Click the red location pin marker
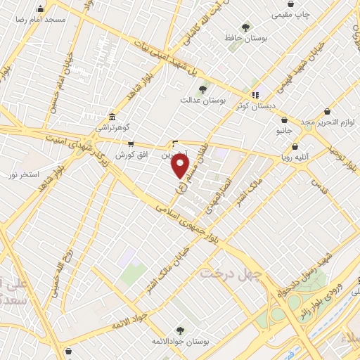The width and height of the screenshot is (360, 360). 181,166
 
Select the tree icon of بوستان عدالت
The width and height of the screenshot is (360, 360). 202,89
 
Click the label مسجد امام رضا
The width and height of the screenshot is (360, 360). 41,18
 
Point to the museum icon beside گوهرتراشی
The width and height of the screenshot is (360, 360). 112,117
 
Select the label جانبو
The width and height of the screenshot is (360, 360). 283,131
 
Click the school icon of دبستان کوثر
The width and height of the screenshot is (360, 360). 255,94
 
